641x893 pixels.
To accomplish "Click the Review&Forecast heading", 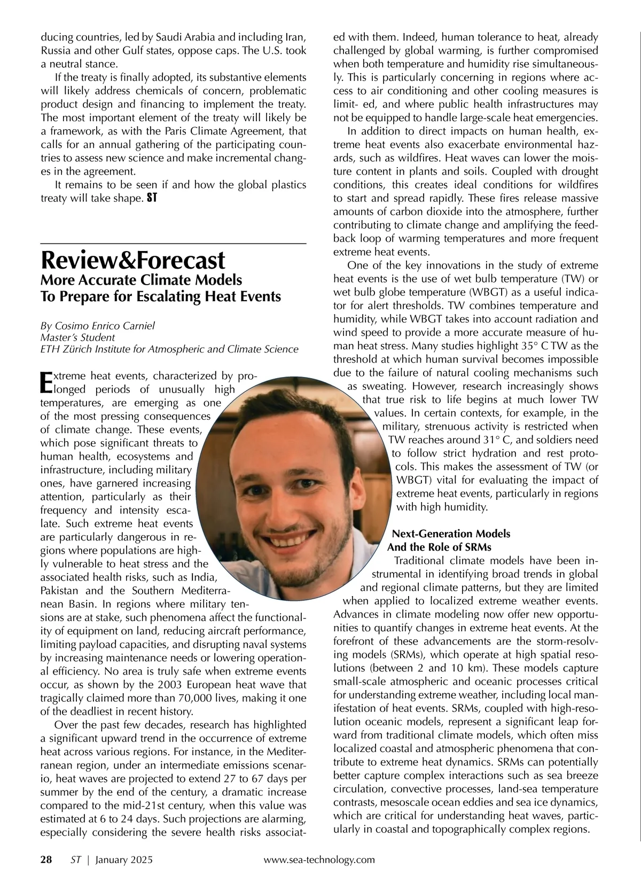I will pos(133,261).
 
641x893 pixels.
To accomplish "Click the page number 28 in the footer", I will pos(46,859).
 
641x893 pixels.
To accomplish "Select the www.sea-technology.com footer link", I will pos(319,859).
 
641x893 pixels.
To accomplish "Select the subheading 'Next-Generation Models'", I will pos(451,534).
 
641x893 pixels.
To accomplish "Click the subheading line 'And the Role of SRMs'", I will pos(439,547).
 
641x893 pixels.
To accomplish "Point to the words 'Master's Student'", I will pos(77,338).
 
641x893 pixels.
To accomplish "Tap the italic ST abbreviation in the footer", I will pos(75,859).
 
